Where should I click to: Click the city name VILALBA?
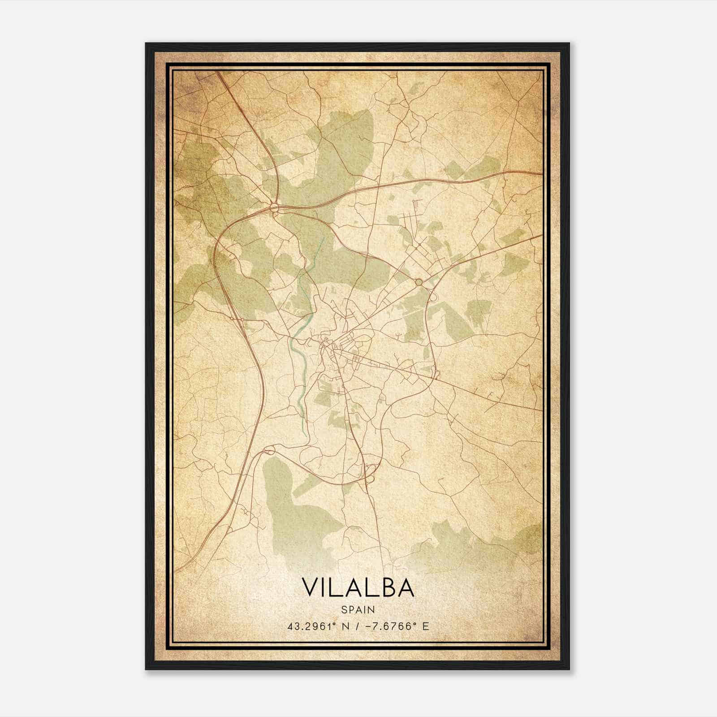coord(358,587)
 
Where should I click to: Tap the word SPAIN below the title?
coord(358,609)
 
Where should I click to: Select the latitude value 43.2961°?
coord(314,626)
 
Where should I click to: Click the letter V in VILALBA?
coord(311,587)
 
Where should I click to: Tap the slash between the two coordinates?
coord(356,626)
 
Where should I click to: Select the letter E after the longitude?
coord(425,626)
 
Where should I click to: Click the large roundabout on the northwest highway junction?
coord(274,207)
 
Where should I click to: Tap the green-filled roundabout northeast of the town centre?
coord(419,282)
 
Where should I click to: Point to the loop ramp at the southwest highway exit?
coord(270,450)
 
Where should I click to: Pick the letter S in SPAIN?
coord(343,609)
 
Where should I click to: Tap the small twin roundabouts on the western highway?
coord(237,319)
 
